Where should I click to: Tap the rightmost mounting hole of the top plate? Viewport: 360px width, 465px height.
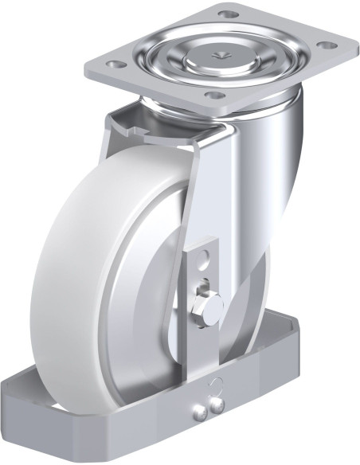coord(325,45)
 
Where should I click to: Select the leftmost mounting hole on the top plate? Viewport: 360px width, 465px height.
coord(115,64)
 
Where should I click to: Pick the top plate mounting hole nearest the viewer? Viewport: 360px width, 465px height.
coord(213,96)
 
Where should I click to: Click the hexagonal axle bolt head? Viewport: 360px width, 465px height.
coord(209,309)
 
